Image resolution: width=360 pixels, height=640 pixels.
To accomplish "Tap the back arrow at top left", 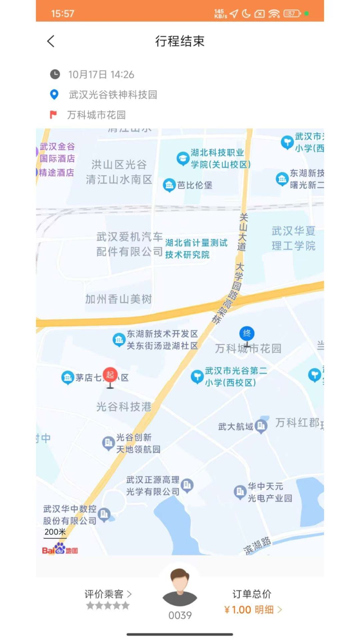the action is (x=51, y=41).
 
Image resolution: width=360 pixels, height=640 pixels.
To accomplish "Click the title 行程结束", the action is (x=180, y=41).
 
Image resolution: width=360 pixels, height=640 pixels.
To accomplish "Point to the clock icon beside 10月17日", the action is (x=55, y=74).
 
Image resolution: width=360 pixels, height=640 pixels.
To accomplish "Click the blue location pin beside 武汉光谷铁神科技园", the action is (x=54, y=95).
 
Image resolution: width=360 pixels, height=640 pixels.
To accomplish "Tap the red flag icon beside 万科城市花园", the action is (x=53, y=115).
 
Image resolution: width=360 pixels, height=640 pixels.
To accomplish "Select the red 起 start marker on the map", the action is (x=110, y=375).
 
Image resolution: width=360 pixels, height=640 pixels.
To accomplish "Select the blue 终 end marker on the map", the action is (x=247, y=333).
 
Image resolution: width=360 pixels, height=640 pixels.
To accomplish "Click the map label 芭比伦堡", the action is (x=195, y=185).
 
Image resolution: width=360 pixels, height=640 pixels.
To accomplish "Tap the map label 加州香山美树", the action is (x=119, y=299).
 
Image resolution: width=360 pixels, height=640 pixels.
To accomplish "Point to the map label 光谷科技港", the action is (x=124, y=407).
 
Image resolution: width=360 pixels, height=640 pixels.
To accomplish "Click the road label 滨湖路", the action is (x=257, y=546).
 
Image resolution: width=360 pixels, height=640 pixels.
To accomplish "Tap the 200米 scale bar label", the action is (x=55, y=532).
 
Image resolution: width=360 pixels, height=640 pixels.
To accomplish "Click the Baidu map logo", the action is (x=60, y=549).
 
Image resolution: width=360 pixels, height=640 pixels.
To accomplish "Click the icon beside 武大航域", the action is (x=261, y=426).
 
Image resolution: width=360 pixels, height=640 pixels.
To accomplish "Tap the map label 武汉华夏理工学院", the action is (x=293, y=238).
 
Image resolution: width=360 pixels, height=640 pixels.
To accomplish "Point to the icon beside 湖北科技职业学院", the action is (x=183, y=159).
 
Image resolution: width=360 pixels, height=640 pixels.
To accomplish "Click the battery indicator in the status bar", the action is (x=292, y=14).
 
